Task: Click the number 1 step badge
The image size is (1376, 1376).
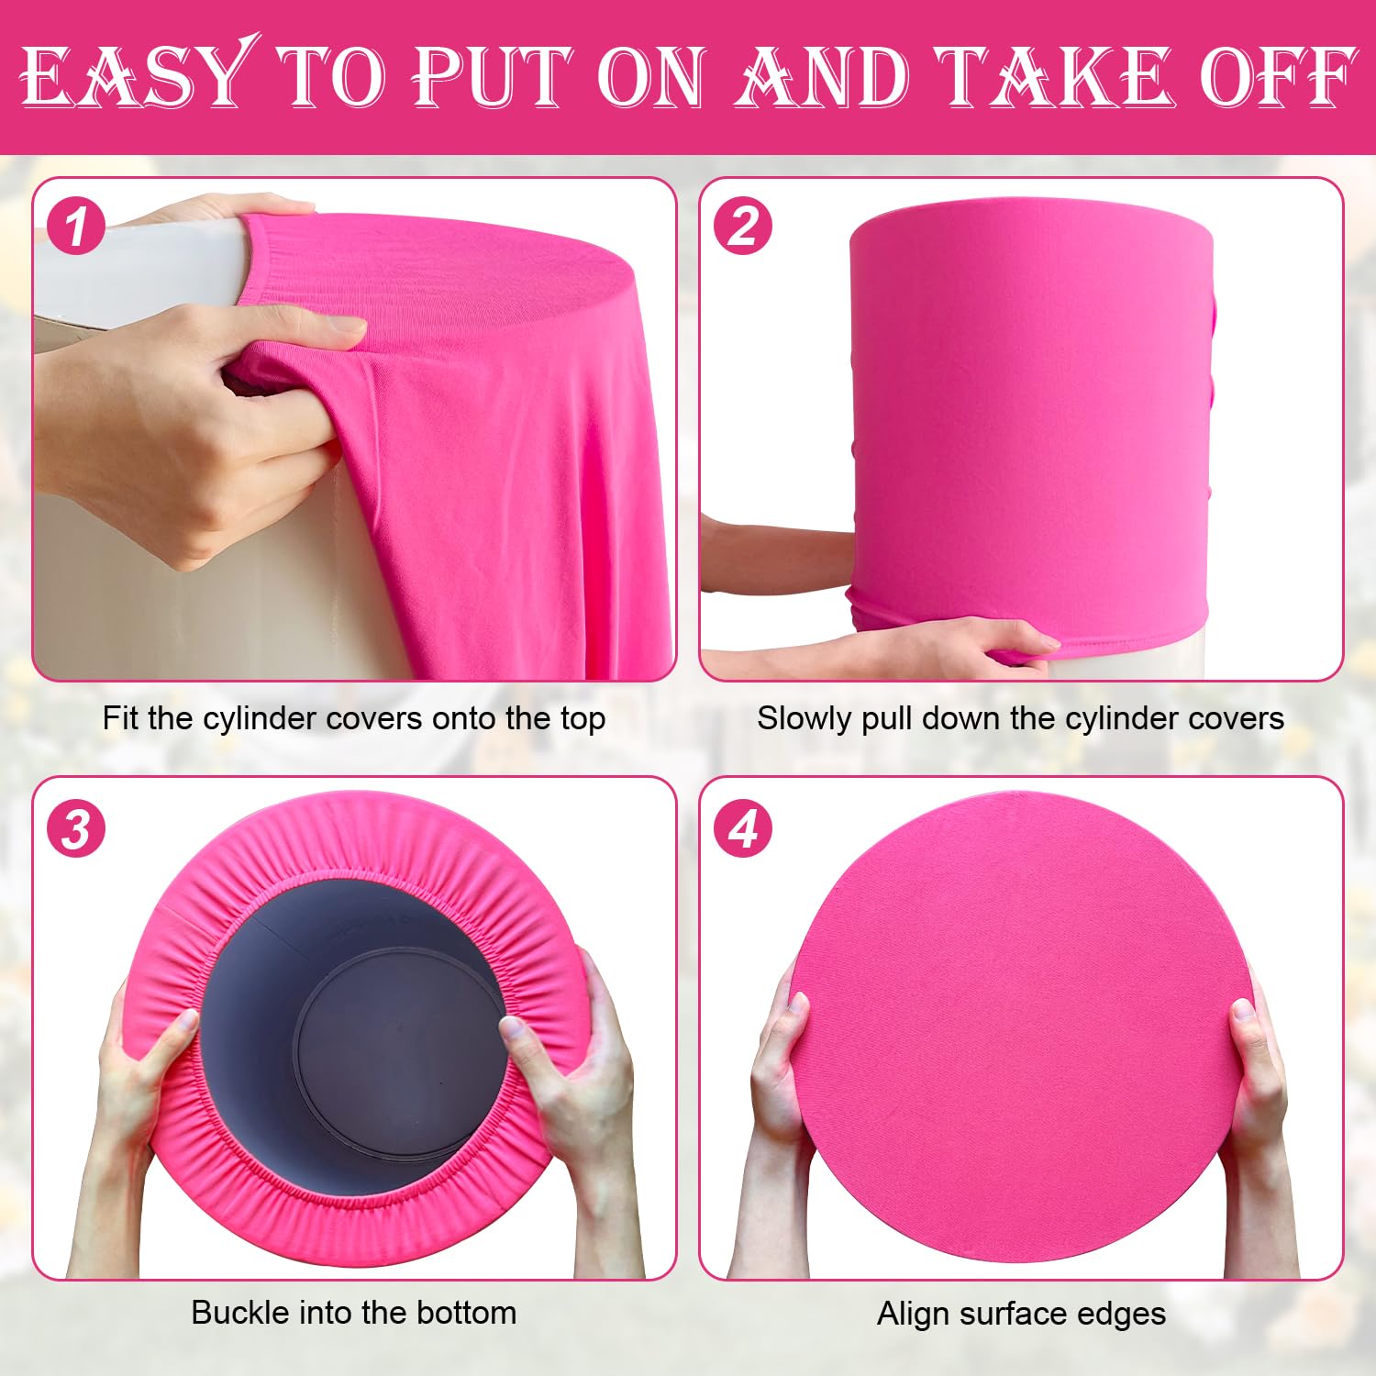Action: (x=76, y=227)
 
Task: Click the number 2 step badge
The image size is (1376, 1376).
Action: (x=743, y=227)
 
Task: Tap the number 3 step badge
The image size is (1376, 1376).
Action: (x=76, y=829)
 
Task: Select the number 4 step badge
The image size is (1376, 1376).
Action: (x=743, y=829)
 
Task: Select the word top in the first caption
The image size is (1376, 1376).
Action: (x=583, y=720)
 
